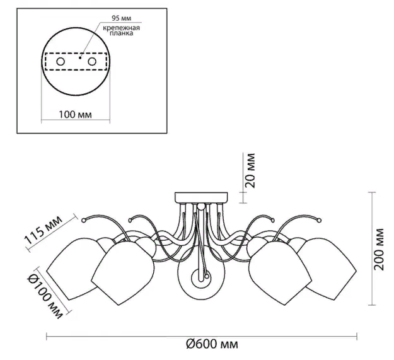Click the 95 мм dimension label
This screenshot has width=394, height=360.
point(122,18)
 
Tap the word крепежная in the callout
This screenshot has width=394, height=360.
point(122,28)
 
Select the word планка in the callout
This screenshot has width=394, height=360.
point(122,33)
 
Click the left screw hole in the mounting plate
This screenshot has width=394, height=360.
point(61,62)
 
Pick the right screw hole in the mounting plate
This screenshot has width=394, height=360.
point(91,62)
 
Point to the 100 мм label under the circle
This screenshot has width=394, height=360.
point(76,115)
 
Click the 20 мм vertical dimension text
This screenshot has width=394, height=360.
point(250,171)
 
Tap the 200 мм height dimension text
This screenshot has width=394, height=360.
point(379,249)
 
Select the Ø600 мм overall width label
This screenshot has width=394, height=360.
point(212,344)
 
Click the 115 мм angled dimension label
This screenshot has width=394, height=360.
point(43,230)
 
